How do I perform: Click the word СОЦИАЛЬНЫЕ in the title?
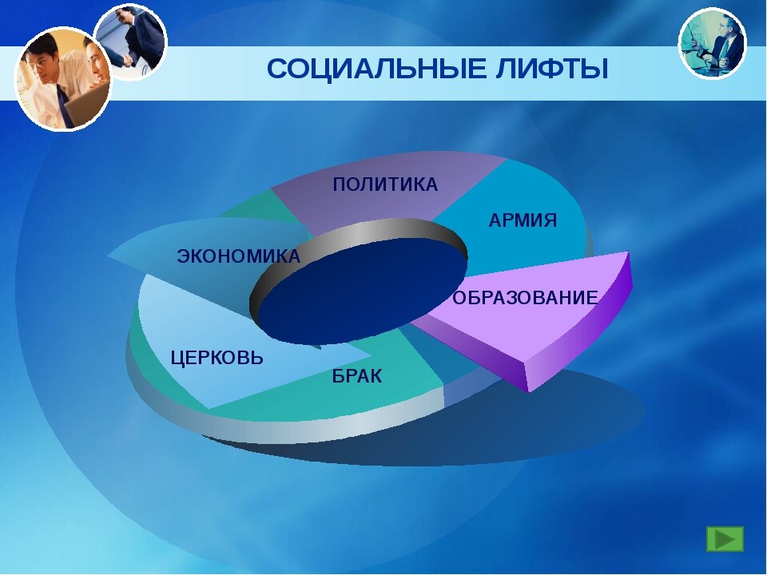376,69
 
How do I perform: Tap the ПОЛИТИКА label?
385,184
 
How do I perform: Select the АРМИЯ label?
523,220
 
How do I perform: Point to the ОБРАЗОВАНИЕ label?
525,297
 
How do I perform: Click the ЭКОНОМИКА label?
239,256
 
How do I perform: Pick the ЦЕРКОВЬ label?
217,358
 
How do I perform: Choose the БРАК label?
357,376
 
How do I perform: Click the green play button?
725,539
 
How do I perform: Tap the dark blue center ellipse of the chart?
362,289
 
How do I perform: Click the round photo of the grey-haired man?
712,43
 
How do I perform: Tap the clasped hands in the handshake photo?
128,60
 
